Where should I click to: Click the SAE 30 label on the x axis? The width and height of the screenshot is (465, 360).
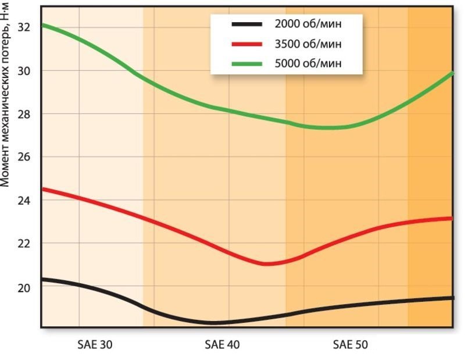coord(95,345)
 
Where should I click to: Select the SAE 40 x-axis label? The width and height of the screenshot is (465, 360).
coord(222,345)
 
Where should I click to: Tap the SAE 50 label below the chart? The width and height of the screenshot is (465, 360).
coord(350,345)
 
